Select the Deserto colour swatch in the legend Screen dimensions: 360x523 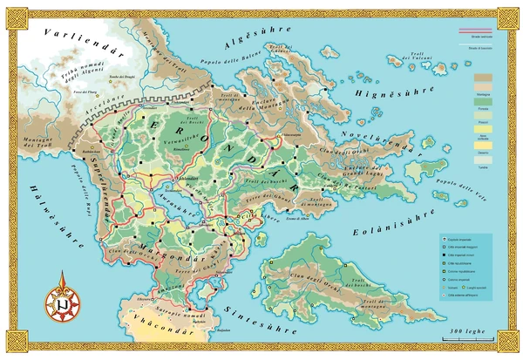[x=481, y=151]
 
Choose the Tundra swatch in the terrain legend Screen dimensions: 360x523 [x=481, y=163]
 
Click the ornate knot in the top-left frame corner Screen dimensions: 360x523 [x=15, y=15]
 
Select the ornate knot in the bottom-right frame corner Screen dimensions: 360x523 [x=508, y=345]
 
